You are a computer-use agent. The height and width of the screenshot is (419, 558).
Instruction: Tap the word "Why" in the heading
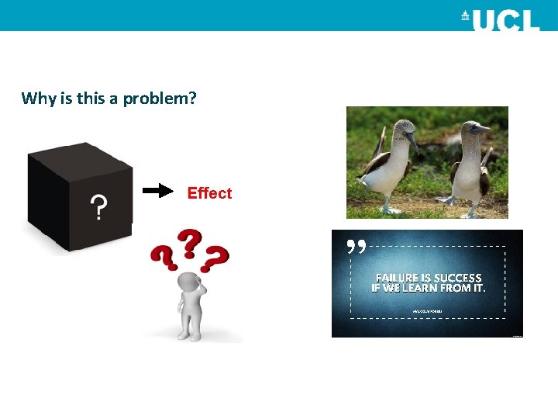(36, 98)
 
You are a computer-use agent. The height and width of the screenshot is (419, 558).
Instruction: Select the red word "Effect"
(209, 193)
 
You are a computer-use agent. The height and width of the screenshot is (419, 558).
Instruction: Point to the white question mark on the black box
(98, 207)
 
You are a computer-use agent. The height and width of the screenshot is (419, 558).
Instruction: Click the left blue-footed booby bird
(387, 167)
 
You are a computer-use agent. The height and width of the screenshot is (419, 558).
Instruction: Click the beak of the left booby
(412, 143)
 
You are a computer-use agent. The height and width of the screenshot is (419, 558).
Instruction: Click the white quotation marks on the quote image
(356, 247)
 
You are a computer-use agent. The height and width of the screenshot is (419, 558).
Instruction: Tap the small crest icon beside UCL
(465, 16)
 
